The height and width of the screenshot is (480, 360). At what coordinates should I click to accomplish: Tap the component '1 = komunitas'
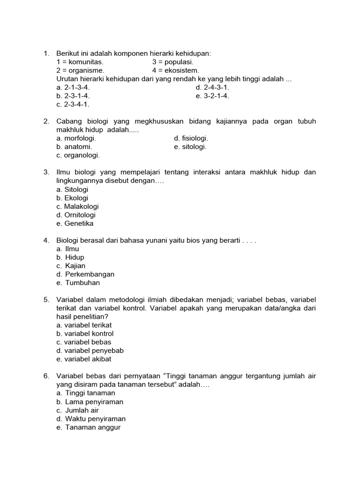pyautogui.click(x=80, y=62)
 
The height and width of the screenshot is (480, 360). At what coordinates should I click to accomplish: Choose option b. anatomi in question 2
pyautogui.click(x=74, y=147)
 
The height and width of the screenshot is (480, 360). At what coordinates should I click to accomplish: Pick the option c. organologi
pyautogui.click(x=78, y=155)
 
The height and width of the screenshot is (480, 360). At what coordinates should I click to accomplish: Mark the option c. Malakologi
pyautogui.click(x=77, y=206)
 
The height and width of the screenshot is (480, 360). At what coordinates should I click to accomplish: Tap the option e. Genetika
pyautogui.click(x=75, y=224)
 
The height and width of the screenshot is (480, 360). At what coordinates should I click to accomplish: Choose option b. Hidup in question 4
pyautogui.click(x=70, y=257)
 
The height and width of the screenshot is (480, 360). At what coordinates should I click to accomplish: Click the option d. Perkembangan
pyautogui.click(x=85, y=274)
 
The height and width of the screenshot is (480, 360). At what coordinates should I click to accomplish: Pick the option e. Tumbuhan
pyautogui.click(x=78, y=283)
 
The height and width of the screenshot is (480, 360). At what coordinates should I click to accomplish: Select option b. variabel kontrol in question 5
pyautogui.click(x=85, y=334)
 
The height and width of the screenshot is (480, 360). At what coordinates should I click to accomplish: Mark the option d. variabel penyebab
pyautogui.click(x=90, y=351)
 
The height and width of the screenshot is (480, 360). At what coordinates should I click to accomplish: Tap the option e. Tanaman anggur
pyautogui.click(x=89, y=427)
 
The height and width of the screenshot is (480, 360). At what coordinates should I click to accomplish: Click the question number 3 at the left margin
pyautogui.click(x=46, y=172)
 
